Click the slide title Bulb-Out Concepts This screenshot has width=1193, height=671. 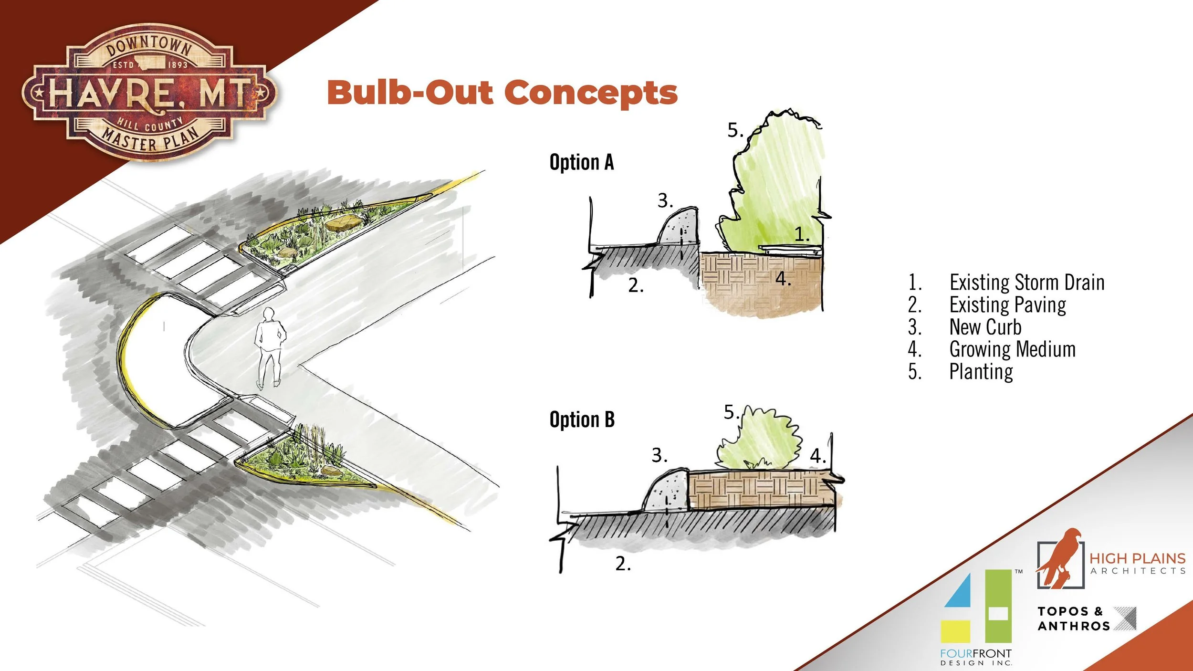tap(502, 93)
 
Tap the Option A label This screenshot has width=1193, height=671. tap(581, 162)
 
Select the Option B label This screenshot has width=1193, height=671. tap(582, 420)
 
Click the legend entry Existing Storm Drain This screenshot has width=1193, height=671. tap(1026, 283)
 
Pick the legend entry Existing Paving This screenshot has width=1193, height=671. tap(1007, 305)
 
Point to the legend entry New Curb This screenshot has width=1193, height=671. tap(985, 327)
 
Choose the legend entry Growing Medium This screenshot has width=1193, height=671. tap(1012, 349)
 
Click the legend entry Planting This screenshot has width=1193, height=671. tap(981, 372)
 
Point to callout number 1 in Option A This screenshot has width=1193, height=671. tap(802, 234)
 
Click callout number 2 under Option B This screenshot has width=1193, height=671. tap(623, 564)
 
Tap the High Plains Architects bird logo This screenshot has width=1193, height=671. tap(1060, 558)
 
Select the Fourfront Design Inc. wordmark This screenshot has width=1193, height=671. tap(976, 657)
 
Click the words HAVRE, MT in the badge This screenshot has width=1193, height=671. tap(149, 93)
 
